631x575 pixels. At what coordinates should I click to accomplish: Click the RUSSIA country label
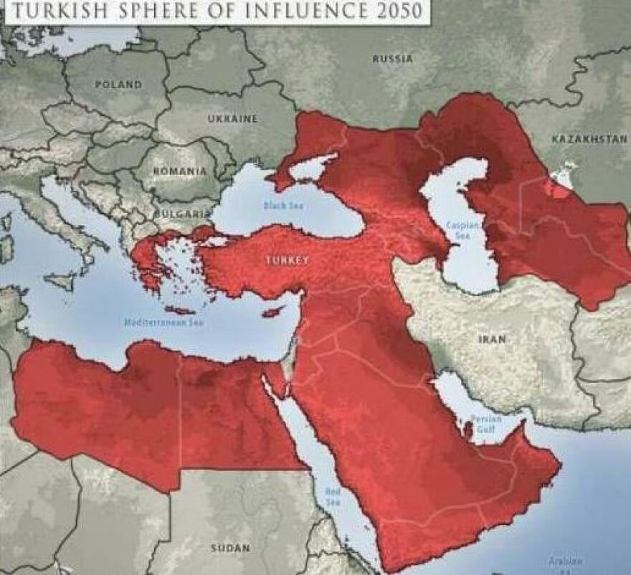click(392, 59)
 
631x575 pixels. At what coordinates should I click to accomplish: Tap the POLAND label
click(118, 85)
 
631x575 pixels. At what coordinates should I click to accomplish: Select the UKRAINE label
click(232, 119)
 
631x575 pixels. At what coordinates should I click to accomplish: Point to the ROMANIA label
click(179, 171)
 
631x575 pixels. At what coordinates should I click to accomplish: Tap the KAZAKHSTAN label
click(589, 138)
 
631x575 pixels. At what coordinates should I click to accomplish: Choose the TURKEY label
click(287, 260)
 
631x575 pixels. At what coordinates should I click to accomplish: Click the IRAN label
click(492, 338)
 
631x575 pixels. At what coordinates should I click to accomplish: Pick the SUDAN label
click(230, 548)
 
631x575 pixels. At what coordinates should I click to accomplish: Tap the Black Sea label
click(284, 206)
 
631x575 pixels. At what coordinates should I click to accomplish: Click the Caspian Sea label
click(459, 229)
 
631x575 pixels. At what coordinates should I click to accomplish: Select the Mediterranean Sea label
click(164, 323)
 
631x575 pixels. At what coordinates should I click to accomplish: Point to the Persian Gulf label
click(485, 424)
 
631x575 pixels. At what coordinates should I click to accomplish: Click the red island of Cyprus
click(274, 313)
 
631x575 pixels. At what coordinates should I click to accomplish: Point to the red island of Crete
click(179, 310)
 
